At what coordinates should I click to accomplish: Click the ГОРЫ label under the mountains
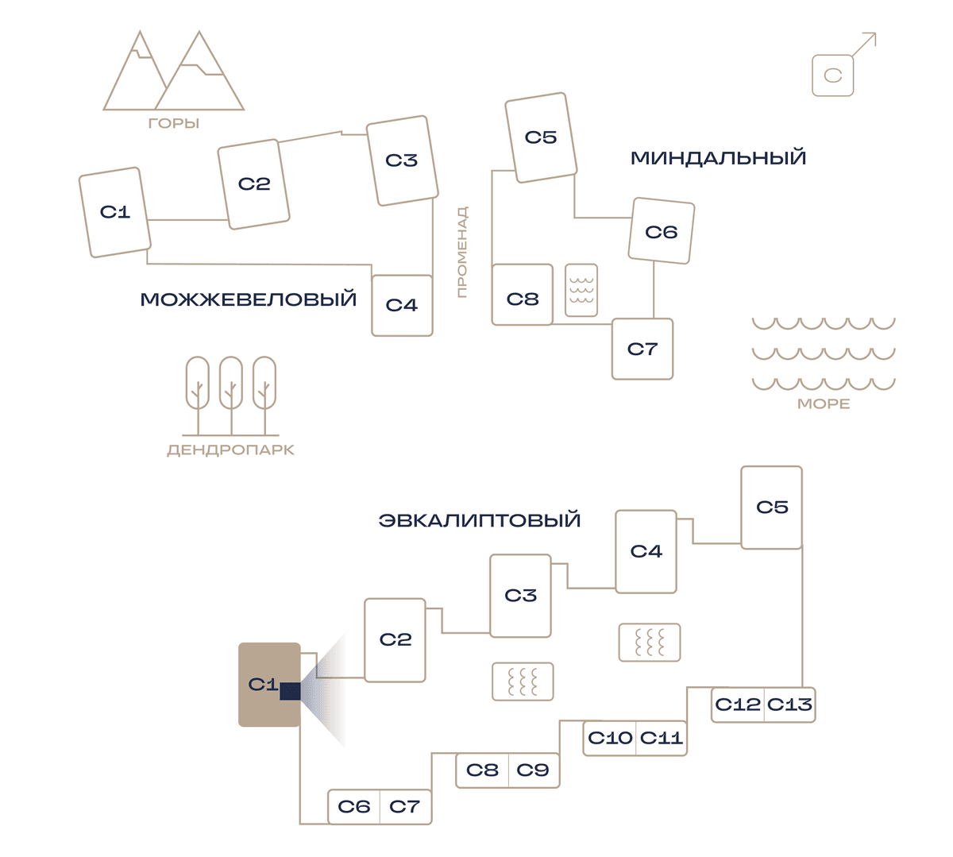click(173, 124)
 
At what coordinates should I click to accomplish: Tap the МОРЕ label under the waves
click(824, 403)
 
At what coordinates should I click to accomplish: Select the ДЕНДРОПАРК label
click(231, 450)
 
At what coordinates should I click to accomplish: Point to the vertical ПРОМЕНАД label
click(461, 252)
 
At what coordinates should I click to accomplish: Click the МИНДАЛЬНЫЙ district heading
click(718, 158)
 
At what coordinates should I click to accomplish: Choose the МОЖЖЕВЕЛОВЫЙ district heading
click(249, 299)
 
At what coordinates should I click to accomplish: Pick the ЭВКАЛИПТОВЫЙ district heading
click(480, 520)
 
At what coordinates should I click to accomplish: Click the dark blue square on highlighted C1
click(290, 691)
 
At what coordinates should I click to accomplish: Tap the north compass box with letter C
click(833, 75)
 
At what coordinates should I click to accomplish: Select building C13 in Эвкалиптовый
click(789, 705)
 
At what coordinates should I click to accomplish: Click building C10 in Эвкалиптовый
click(609, 738)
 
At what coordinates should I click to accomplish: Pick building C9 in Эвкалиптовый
click(534, 770)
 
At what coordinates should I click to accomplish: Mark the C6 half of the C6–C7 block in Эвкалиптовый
click(354, 807)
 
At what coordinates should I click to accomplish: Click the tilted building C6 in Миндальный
click(662, 231)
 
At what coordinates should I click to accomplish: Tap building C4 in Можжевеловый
click(402, 305)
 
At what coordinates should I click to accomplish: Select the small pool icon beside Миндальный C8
click(581, 291)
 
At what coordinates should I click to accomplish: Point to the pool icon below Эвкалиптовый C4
click(650, 643)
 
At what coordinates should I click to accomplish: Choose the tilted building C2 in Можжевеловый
click(253, 184)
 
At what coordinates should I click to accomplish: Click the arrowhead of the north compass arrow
click(872, 36)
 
